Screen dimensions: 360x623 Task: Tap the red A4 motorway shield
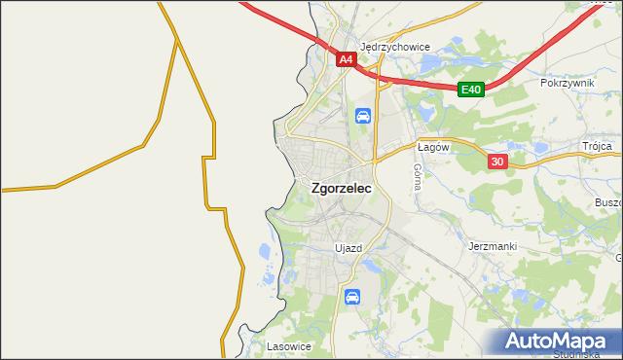tap(346, 59)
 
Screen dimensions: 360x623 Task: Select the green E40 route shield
tap(471, 90)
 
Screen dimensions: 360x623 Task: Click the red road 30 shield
tap(496, 162)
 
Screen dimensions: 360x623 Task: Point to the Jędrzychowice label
tap(394, 46)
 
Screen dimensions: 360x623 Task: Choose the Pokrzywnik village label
tap(567, 84)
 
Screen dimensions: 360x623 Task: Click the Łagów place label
tap(431, 147)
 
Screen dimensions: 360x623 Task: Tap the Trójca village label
tap(597, 146)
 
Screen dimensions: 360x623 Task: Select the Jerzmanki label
tap(492, 246)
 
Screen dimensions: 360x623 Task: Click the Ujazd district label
tap(348, 248)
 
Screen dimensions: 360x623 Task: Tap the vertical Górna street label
tap(417, 175)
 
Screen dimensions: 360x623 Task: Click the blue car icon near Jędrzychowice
tap(362, 117)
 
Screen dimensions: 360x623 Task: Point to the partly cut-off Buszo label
tap(607, 202)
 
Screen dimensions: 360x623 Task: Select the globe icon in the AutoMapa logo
tap(517, 342)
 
